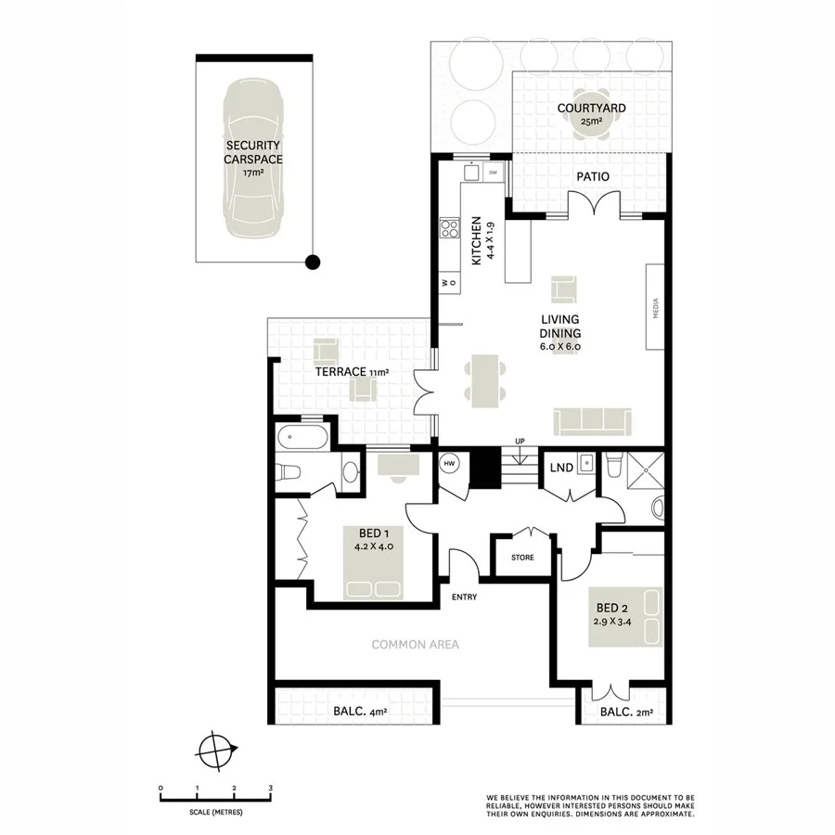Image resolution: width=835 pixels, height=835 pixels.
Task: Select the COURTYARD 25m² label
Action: click(x=591, y=114)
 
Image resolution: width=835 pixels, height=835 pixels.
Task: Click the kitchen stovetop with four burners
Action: click(x=450, y=227)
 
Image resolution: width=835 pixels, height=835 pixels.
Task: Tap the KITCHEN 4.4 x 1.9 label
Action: click(x=482, y=241)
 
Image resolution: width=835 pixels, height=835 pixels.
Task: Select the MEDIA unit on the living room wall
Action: click(x=656, y=305)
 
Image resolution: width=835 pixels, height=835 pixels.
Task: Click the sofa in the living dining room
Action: click(x=592, y=421)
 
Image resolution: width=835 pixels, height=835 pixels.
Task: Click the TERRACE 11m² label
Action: click(x=351, y=372)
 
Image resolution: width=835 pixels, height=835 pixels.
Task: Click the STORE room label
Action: click(x=522, y=558)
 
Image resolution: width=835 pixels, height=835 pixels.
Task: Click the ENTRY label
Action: click(x=464, y=597)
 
